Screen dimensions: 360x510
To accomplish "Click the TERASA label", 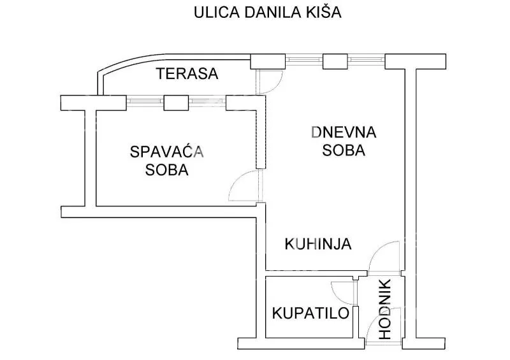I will tap(187, 74).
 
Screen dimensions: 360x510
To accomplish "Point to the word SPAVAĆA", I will tap(166, 152).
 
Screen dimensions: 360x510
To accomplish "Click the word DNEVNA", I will tap(344, 133).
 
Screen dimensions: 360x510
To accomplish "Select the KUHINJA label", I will tap(318, 243).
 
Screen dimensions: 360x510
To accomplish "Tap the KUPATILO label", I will tap(310, 313).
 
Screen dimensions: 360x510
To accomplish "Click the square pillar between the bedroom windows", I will tap(174, 103).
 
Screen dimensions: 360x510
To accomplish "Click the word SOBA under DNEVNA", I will tap(344, 151).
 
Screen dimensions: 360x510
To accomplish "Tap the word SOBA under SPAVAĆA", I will tap(166, 170).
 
